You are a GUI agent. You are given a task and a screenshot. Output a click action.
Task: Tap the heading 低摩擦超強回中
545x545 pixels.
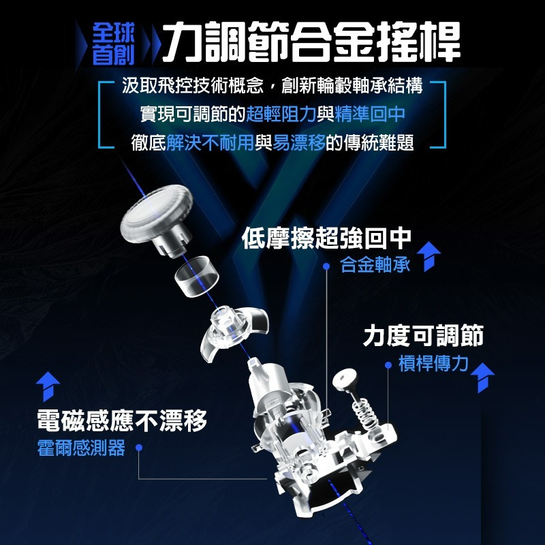click(x=327, y=238)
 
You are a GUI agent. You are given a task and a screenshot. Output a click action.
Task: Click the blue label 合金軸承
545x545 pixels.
click(x=375, y=265)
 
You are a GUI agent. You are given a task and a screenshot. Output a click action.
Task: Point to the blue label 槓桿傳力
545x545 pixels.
click(x=433, y=364)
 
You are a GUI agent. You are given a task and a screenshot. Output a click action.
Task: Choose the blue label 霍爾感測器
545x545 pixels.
click(x=81, y=448)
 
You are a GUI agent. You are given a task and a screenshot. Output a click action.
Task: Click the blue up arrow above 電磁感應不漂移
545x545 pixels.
click(x=48, y=386)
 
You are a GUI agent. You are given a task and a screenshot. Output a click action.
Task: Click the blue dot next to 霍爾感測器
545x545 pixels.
click(x=138, y=448)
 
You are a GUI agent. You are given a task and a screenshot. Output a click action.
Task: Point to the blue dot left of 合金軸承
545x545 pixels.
click(x=327, y=266)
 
